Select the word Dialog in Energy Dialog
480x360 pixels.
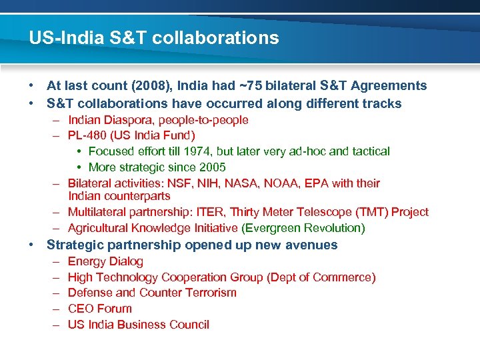[x=126, y=261]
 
